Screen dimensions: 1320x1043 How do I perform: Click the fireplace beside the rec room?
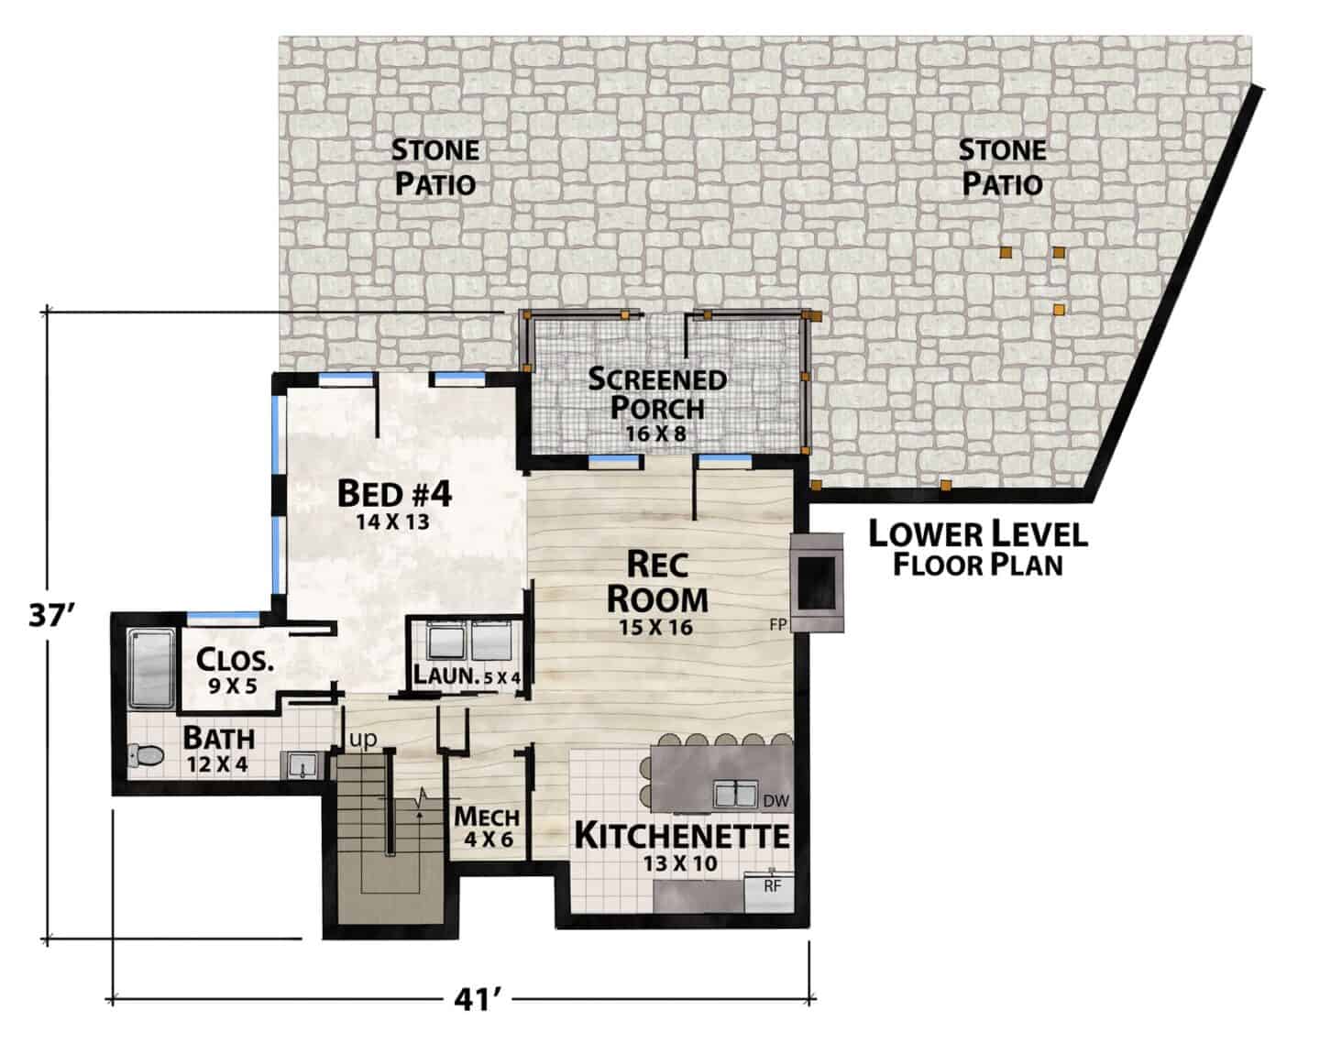click(x=817, y=583)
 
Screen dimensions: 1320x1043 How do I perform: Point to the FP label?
click(x=778, y=625)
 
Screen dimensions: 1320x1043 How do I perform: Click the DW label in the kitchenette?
click(x=775, y=801)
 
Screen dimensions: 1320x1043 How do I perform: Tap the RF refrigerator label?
click(x=772, y=886)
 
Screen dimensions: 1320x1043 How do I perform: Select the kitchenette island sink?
click(x=735, y=796)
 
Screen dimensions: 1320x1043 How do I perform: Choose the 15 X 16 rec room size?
click(x=655, y=628)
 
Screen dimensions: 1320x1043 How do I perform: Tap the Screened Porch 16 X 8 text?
click(x=657, y=404)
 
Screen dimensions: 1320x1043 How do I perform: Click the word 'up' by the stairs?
click(x=362, y=740)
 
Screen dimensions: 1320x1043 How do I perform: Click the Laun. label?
click(x=445, y=675)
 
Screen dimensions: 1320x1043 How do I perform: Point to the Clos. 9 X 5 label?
click(x=235, y=672)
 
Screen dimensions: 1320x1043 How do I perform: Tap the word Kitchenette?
click(x=682, y=836)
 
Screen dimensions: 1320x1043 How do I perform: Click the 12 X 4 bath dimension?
click(x=218, y=764)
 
